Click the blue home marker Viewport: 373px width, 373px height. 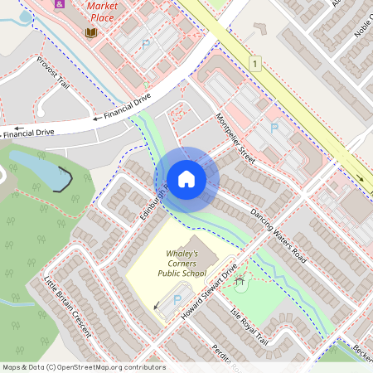coord(186,178)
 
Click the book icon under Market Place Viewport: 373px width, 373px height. coord(91,32)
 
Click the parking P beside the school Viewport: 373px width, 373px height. coord(177,299)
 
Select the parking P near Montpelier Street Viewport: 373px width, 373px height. coord(274,128)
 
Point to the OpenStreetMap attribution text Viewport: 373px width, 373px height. coord(83,367)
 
